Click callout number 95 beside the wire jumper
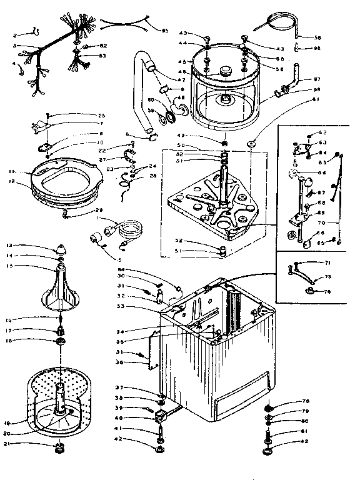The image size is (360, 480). tap(165, 31)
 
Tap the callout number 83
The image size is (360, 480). tap(102, 56)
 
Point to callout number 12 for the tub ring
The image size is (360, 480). tap(11, 181)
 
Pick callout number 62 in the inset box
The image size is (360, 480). tap(323, 132)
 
